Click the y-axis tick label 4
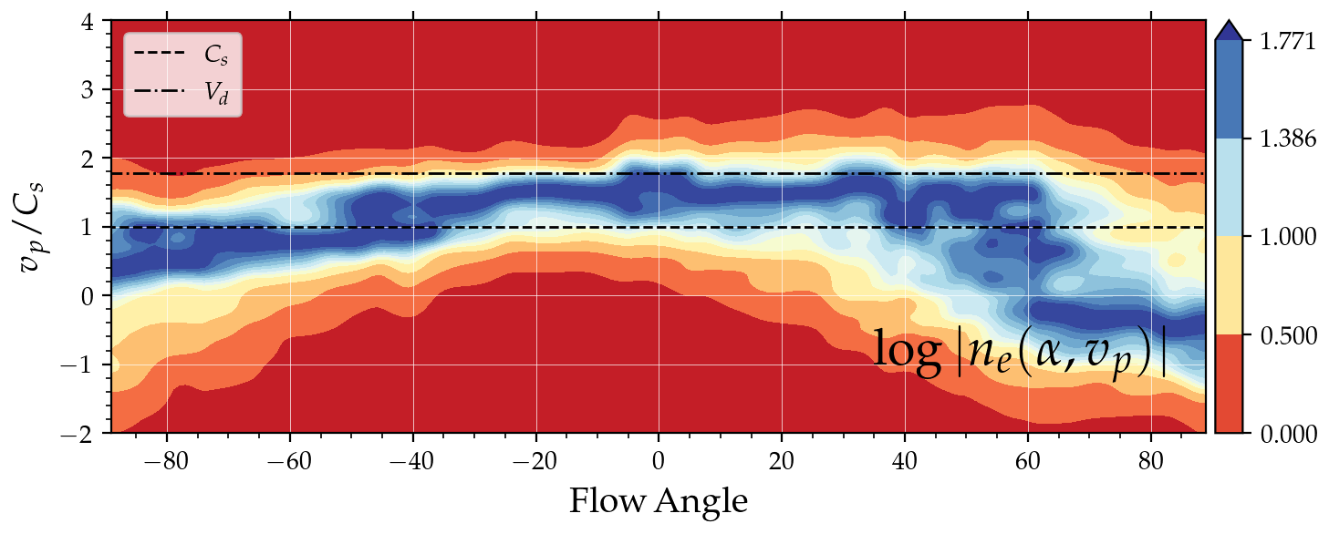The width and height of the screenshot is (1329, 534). click(89, 22)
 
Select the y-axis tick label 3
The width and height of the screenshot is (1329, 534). click(89, 90)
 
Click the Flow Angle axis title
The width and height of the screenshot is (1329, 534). click(659, 500)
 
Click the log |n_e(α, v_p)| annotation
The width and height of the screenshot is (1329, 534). click(1021, 353)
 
